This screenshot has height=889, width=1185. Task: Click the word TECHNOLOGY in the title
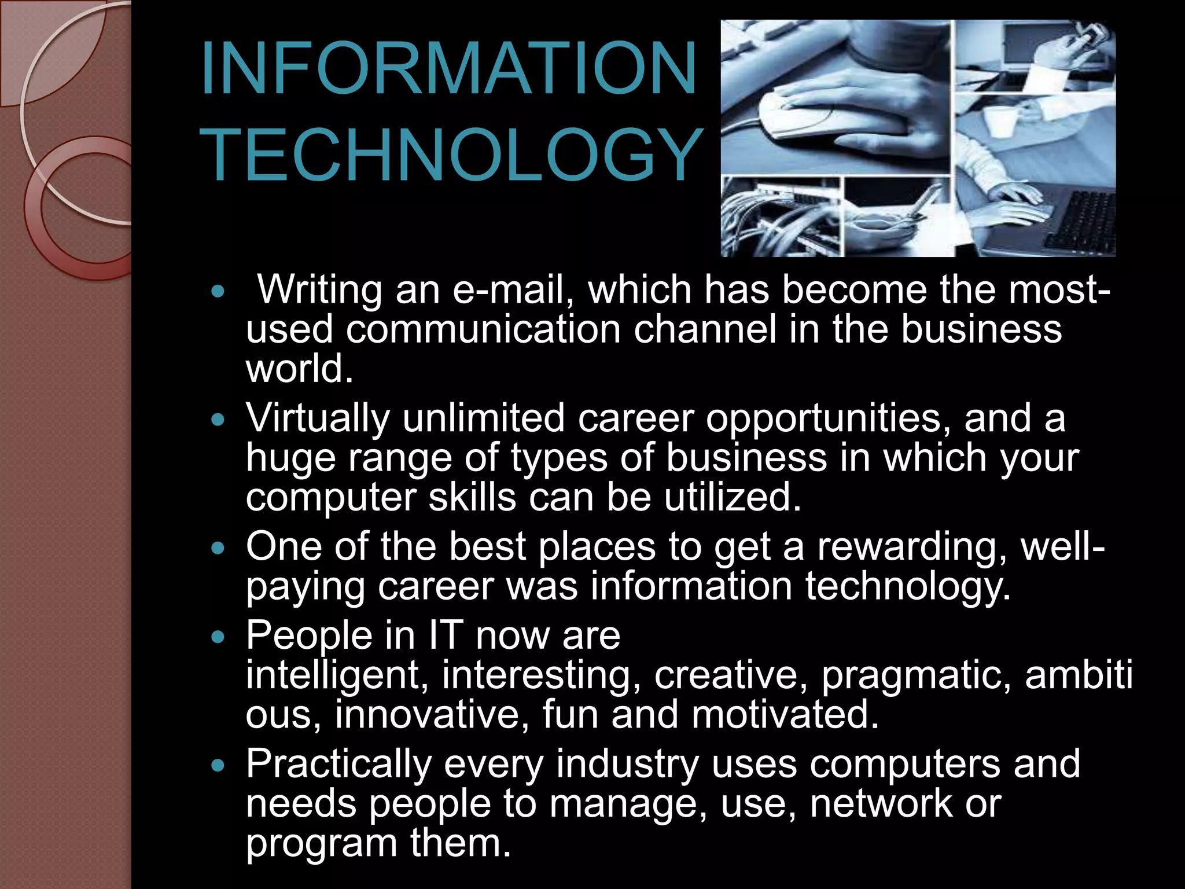(x=453, y=155)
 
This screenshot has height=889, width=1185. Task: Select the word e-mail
(x=508, y=289)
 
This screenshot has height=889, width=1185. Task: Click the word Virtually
(x=318, y=418)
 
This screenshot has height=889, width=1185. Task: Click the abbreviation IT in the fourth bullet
(x=446, y=635)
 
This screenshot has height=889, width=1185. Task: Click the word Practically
(x=338, y=764)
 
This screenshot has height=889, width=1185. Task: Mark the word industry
(x=628, y=764)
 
